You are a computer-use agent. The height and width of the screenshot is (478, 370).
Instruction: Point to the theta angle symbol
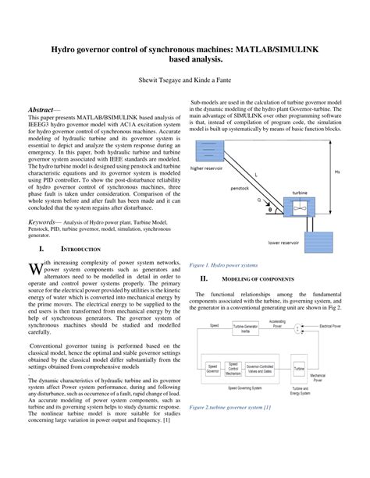click(270, 209)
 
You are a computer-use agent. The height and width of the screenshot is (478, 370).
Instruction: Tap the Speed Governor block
click(211, 367)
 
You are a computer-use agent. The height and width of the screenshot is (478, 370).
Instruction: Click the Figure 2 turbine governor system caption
click(234, 408)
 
